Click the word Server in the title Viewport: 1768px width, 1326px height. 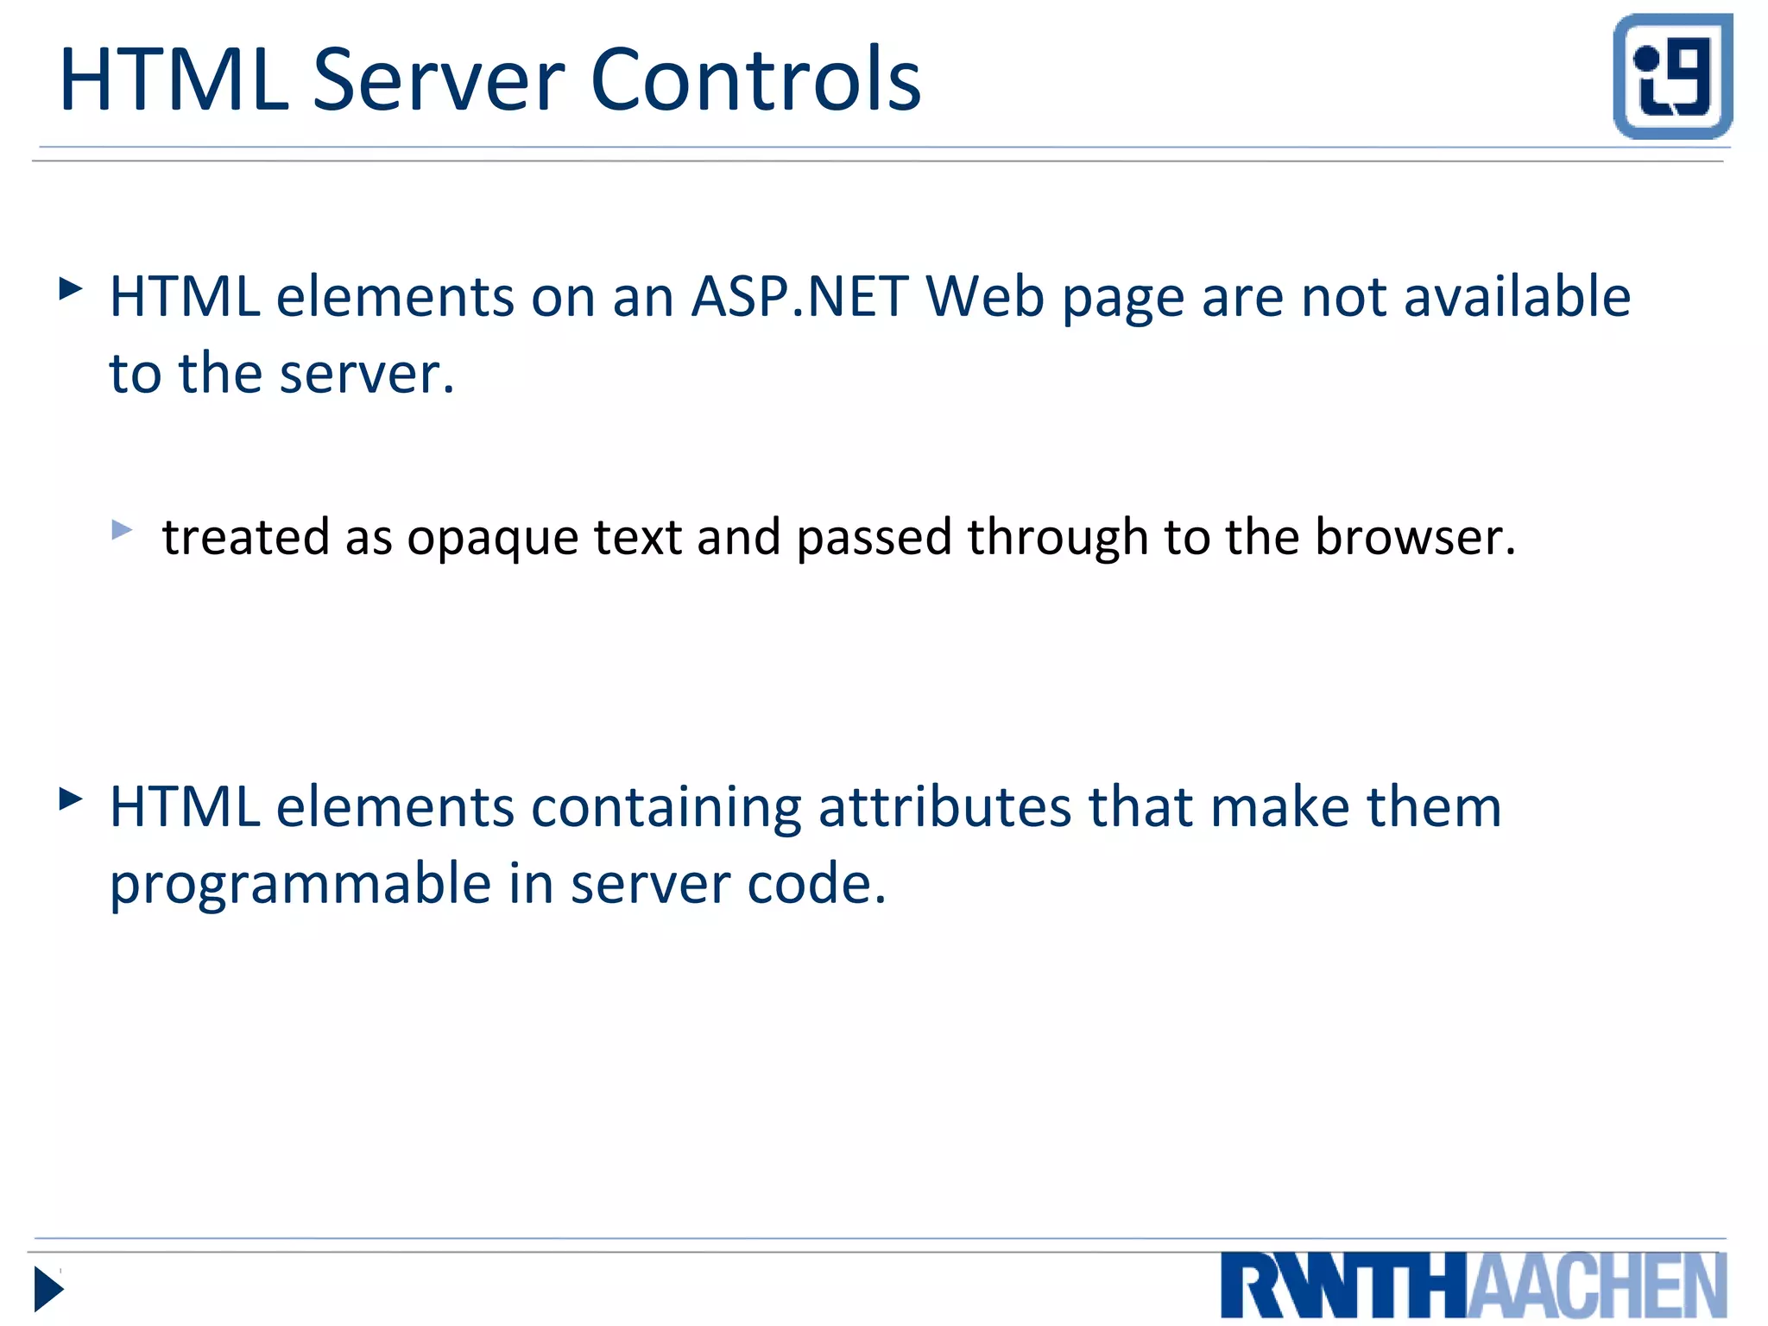439,80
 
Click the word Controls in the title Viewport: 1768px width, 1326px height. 756,80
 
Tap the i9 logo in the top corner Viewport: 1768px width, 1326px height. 1672,76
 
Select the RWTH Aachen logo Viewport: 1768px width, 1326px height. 1473,1285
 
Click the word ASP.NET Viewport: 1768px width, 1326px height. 799,297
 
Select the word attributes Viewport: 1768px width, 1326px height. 945,807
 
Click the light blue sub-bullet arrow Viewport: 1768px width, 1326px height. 122,529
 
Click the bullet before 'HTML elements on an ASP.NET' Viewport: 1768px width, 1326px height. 71,288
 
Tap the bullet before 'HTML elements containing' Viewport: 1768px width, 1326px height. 71,799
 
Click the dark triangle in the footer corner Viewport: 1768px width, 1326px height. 48,1289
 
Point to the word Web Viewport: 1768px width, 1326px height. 985,297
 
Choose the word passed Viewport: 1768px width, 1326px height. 875,539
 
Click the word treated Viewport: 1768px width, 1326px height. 246,537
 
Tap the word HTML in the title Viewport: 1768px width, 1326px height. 174,80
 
